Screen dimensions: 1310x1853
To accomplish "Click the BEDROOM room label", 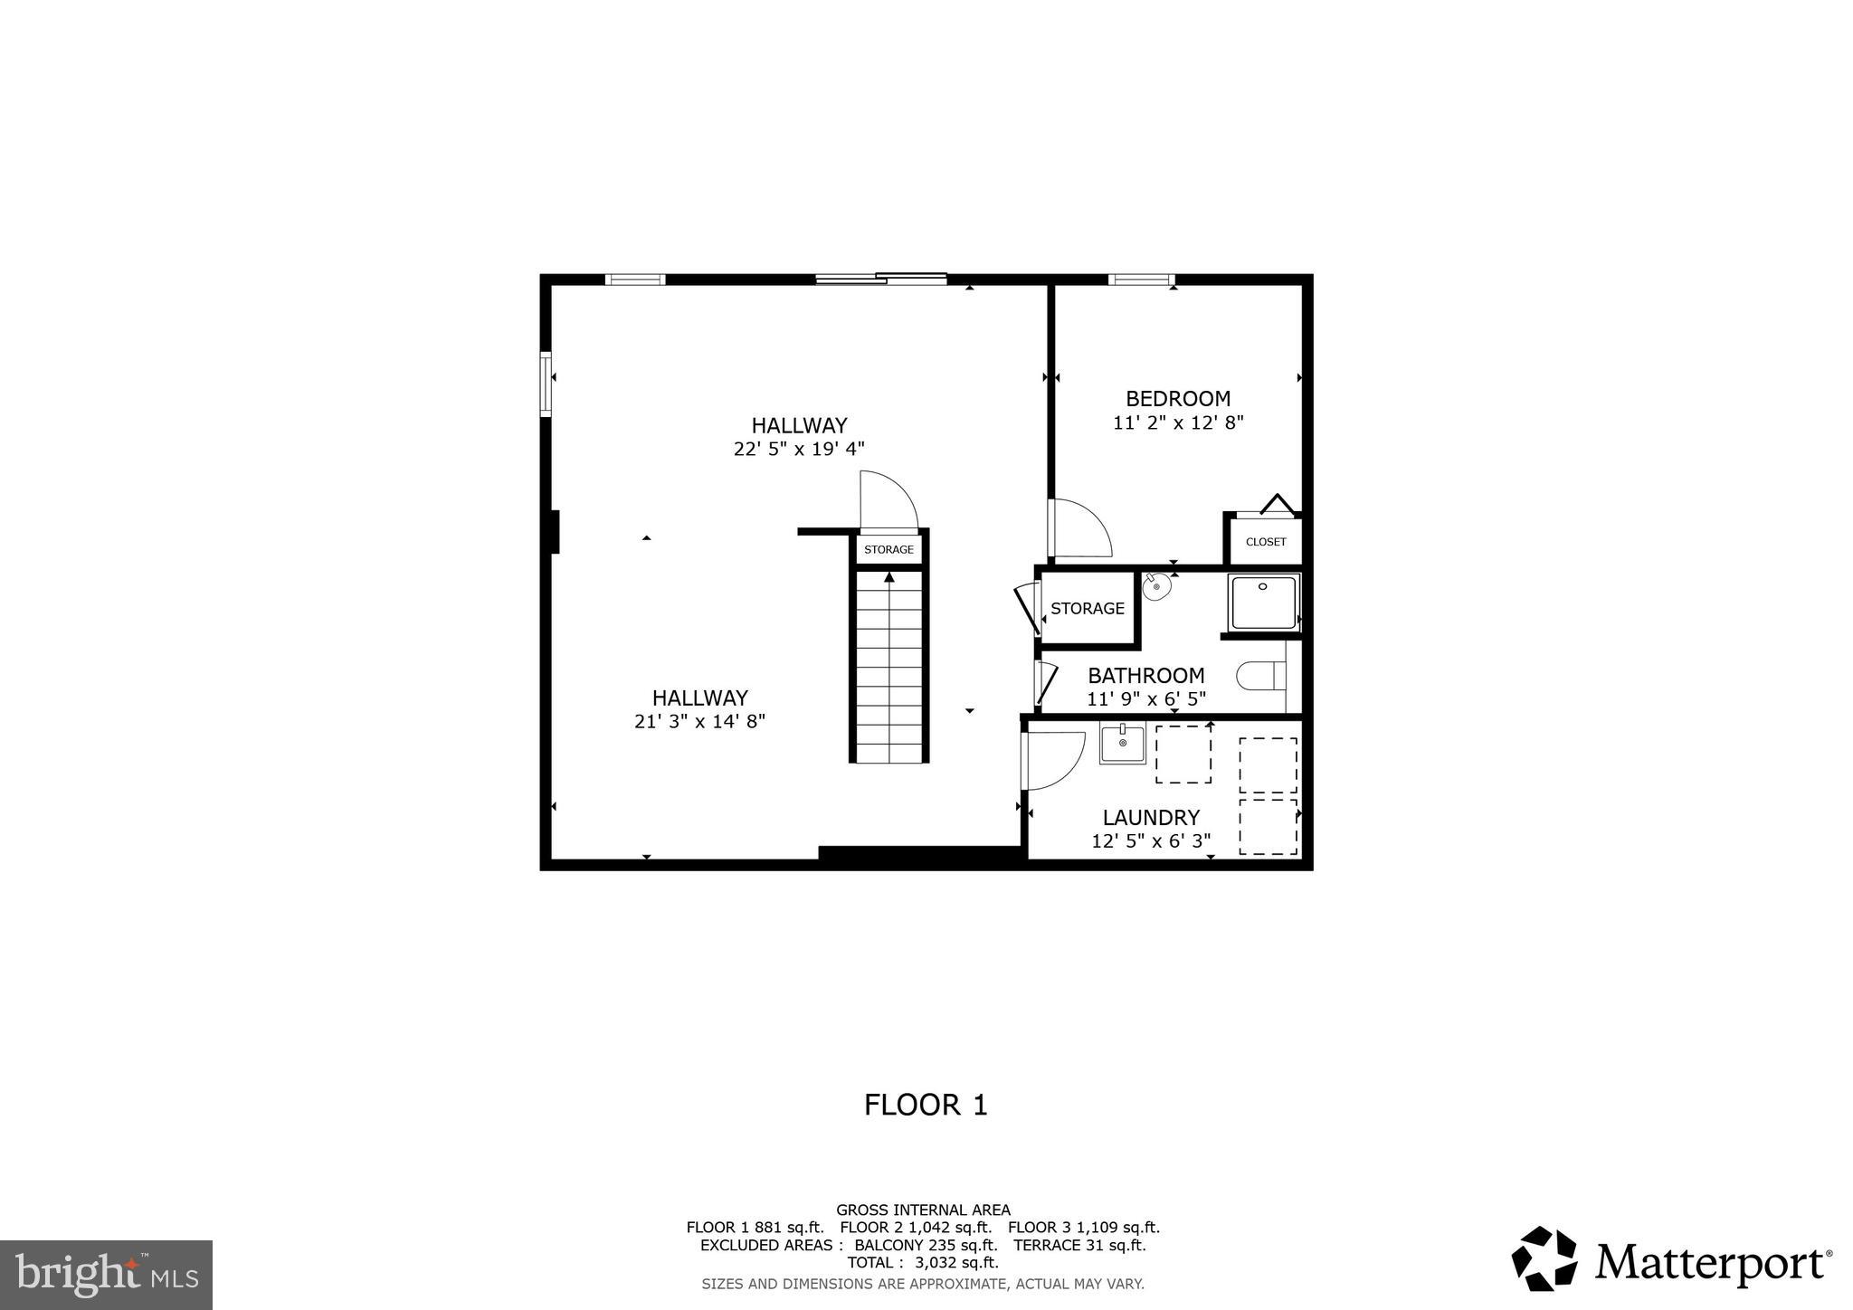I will click(x=1177, y=399).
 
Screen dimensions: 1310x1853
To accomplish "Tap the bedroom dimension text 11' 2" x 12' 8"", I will click(x=1178, y=422).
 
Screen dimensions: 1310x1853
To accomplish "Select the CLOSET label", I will click(x=1265, y=542).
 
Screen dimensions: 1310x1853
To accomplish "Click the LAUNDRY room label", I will click(x=1151, y=818).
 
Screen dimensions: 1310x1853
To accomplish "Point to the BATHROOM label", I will click(x=1145, y=676).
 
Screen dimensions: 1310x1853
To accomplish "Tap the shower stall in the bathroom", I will click(x=1263, y=603).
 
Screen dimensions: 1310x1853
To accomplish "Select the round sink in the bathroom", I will click(x=1156, y=587).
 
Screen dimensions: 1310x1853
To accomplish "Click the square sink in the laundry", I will click(x=1123, y=744).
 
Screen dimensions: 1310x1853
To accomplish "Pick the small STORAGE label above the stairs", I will click(x=888, y=550).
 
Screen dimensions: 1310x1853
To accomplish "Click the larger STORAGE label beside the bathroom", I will click(x=1087, y=609).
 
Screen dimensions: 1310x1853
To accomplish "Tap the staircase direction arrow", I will click(x=889, y=577).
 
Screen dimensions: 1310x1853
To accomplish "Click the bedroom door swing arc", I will click(x=1081, y=528).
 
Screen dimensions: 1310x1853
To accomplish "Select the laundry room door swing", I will click(x=1054, y=760).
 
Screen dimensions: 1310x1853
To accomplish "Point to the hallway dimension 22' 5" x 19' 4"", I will click(x=799, y=449).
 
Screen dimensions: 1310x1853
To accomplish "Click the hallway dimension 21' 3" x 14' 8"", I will click(x=699, y=722).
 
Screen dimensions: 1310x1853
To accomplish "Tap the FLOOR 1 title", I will click(x=926, y=1106).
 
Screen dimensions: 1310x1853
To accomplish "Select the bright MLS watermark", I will click(x=106, y=1275).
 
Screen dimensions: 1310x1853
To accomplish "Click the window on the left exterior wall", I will click(x=546, y=383).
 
